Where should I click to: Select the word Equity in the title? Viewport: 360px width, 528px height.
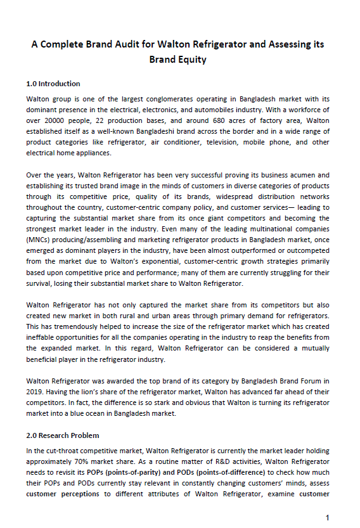[192, 60]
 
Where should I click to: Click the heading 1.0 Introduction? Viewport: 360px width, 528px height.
[53, 84]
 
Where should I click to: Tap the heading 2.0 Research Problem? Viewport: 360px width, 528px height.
[63, 435]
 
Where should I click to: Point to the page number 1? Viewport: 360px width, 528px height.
[327, 518]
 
